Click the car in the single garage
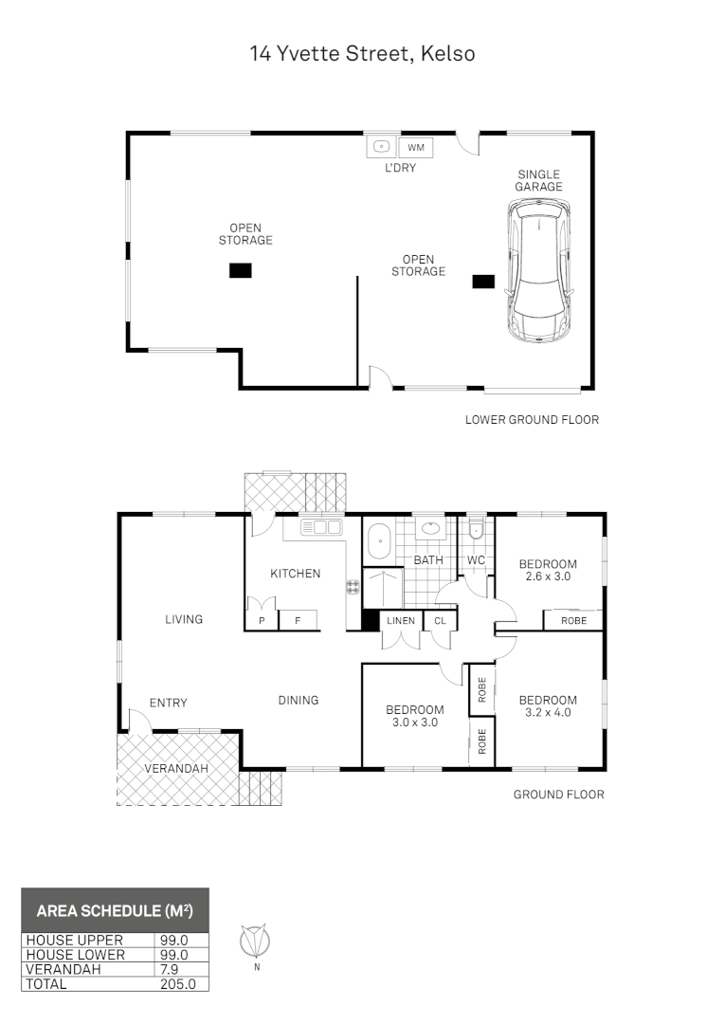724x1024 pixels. coord(539,275)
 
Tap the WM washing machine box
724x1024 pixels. coord(415,147)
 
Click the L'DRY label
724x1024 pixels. coord(400,168)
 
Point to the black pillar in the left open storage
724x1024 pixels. coord(241,270)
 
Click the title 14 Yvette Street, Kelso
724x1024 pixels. coord(362,53)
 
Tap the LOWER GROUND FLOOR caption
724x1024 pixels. coord(532,419)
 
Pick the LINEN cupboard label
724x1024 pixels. coord(397,621)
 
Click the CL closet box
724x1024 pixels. coord(439,621)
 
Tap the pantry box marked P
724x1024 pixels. coord(261,621)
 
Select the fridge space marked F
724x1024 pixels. coord(297,621)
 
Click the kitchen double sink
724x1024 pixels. coord(320,527)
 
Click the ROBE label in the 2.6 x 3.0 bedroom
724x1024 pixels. coord(573,621)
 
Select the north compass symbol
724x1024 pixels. coord(255,942)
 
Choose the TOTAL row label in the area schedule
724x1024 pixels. coord(47,984)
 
